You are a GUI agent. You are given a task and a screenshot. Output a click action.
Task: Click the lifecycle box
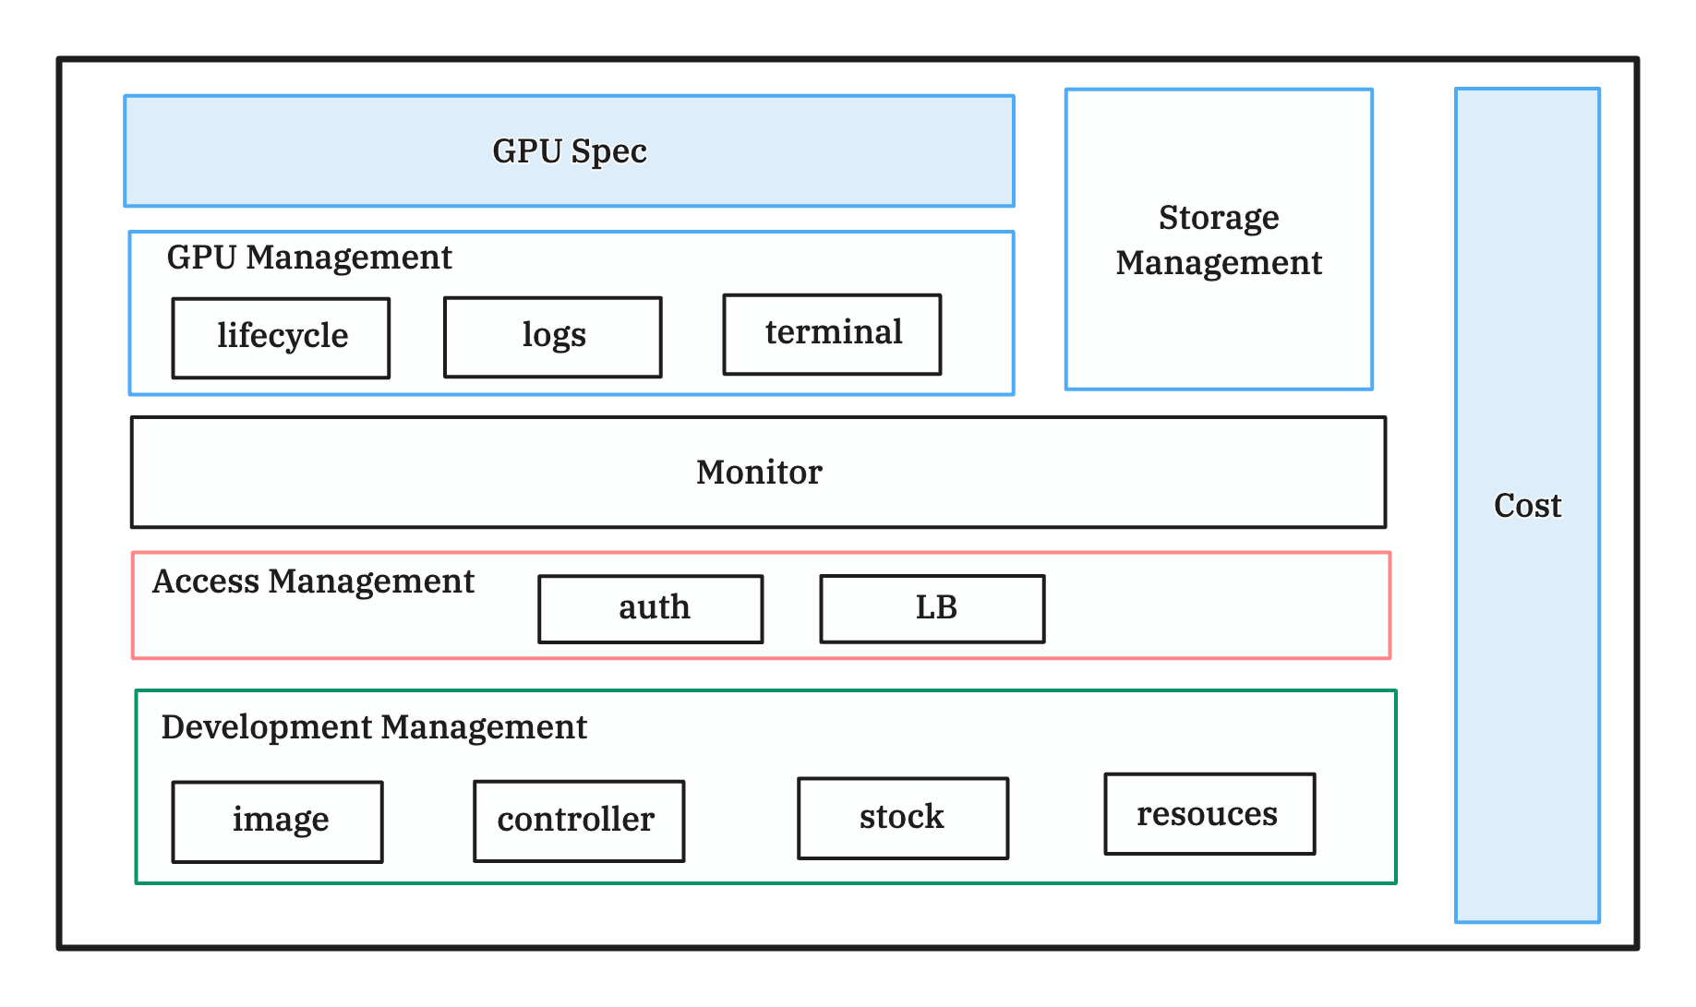[x=281, y=338]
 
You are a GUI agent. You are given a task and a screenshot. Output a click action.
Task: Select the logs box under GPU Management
[x=552, y=337]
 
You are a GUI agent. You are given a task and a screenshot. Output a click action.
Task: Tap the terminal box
[x=832, y=334]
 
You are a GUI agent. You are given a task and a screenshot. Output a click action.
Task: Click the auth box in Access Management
[x=651, y=608]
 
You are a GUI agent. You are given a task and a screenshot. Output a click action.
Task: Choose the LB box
[x=932, y=608]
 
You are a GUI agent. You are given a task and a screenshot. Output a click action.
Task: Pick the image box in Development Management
[x=278, y=821]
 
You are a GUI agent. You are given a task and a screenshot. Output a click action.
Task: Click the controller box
[x=579, y=821]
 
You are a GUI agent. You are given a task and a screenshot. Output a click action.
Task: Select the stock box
[x=903, y=818]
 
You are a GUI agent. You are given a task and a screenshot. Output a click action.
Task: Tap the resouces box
[x=1209, y=814]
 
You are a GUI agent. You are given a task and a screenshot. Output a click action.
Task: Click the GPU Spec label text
[x=570, y=151]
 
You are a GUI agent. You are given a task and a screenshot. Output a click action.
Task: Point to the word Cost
[x=1527, y=506]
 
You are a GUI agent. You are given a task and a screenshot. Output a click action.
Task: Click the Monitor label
[x=759, y=473]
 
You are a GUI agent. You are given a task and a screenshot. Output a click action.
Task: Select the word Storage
[x=1219, y=218]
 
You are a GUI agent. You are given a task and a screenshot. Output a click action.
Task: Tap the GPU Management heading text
[x=309, y=258]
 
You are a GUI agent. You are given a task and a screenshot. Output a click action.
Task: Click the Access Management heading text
[x=313, y=581]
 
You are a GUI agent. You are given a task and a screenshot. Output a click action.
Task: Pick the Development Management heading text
[x=374, y=727]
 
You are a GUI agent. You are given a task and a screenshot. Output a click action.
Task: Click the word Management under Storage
[x=1219, y=263]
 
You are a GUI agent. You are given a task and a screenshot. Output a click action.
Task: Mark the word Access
[x=206, y=581]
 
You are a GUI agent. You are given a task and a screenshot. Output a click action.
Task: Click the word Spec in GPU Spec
[x=609, y=151]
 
